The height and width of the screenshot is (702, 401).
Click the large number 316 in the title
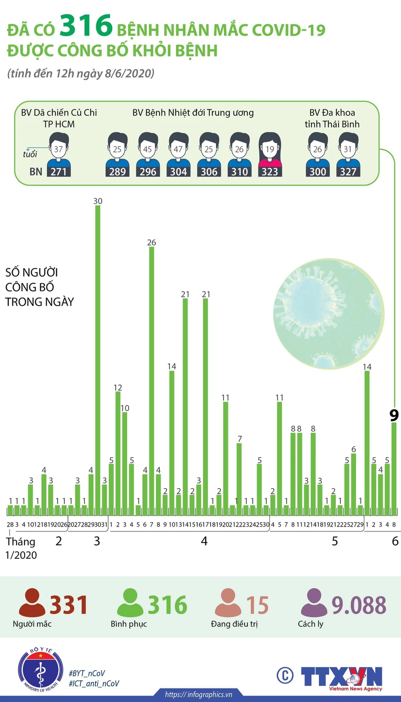point(86,25)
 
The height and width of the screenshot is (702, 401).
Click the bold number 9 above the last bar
point(394,415)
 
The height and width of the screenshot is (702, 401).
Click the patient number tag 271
point(59,172)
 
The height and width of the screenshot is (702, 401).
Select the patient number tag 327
point(348,172)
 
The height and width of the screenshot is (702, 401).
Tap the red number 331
point(69,605)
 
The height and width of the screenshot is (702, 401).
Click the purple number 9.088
point(359,605)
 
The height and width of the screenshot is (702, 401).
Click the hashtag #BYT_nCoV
point(87,673)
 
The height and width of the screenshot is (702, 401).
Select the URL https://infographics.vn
point(198,694)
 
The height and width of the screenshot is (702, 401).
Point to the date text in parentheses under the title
point(81,73)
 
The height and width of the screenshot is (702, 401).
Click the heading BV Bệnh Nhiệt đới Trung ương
point(193,113)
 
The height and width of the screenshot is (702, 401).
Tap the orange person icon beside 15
point(228,602)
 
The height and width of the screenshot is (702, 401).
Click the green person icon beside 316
point(130,602)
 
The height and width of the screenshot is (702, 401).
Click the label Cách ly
point(310,624)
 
